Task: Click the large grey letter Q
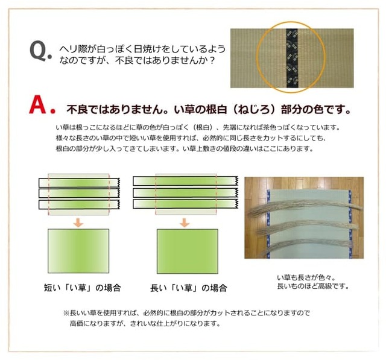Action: click(39, 51)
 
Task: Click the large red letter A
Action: click(37, 105)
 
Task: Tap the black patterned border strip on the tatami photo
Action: click(292, 58)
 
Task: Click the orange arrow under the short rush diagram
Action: click(78, 222)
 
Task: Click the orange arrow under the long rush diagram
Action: click(185, 222)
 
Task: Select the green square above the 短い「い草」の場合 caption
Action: click(78, 251)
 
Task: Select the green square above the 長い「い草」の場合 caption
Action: click(188, 251)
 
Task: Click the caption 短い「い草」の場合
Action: click(83, 288)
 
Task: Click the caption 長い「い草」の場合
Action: click(189, 288)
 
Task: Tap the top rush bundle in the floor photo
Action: click(305, 206)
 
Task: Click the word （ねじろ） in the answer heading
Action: click(254, 110)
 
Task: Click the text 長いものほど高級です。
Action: click(313, 286)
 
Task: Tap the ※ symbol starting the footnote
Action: click(66, 313)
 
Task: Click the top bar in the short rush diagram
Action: click(79, 183)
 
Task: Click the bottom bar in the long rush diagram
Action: click(185, 204)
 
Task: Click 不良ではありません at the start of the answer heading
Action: click(115, 110)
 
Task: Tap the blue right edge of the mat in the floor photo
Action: click(350, 224)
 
